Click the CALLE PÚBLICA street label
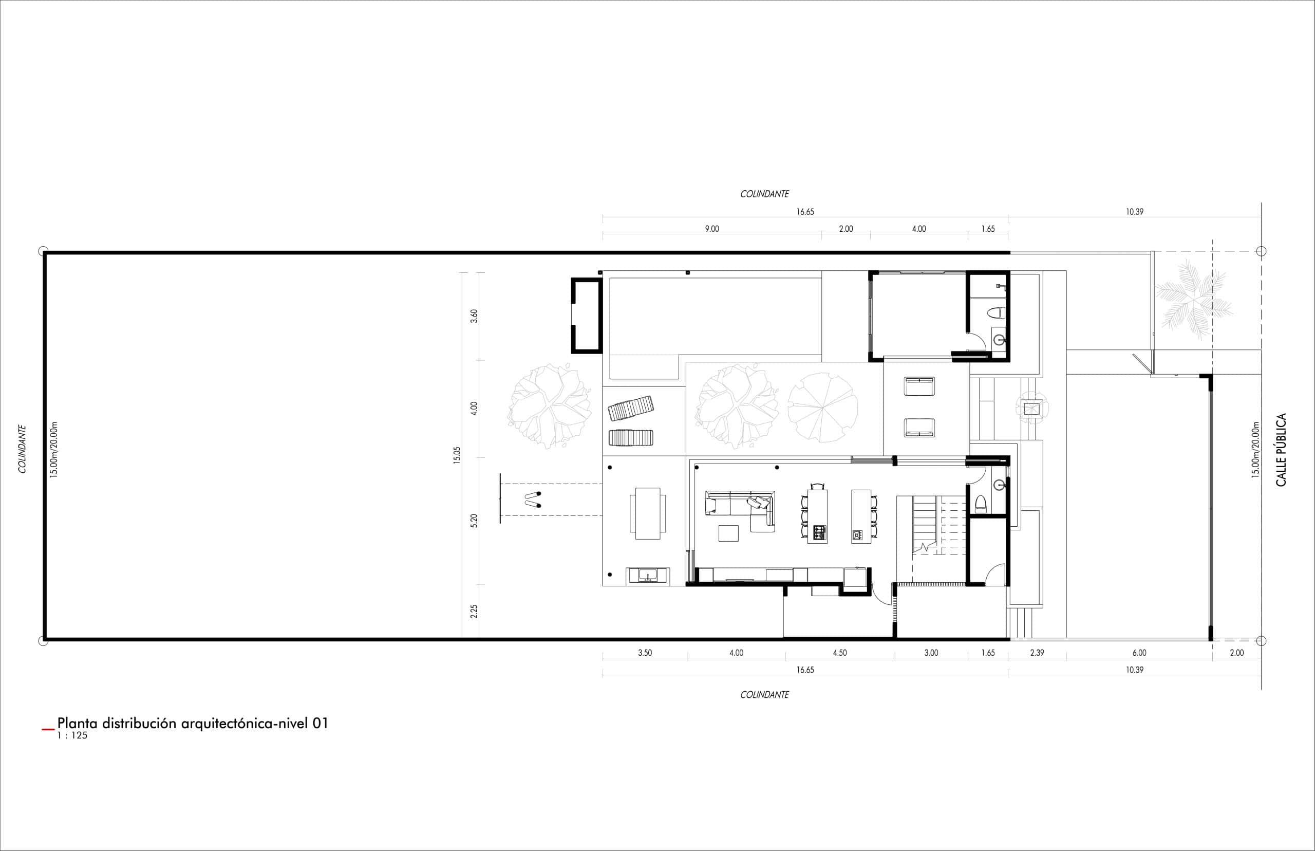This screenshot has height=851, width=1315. click(1281, 450)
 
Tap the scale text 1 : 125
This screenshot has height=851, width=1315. click(72, 735)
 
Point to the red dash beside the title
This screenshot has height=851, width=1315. click(49, 730)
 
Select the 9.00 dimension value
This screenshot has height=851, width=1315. click(712, 229)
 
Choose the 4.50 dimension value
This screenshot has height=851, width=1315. click(839, 653)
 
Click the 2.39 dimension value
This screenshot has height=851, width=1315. click(1037, 653)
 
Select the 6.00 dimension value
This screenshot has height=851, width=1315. click(1139, 653)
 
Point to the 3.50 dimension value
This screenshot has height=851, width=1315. click(645, 653)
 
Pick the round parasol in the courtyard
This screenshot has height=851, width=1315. click(822, 408)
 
